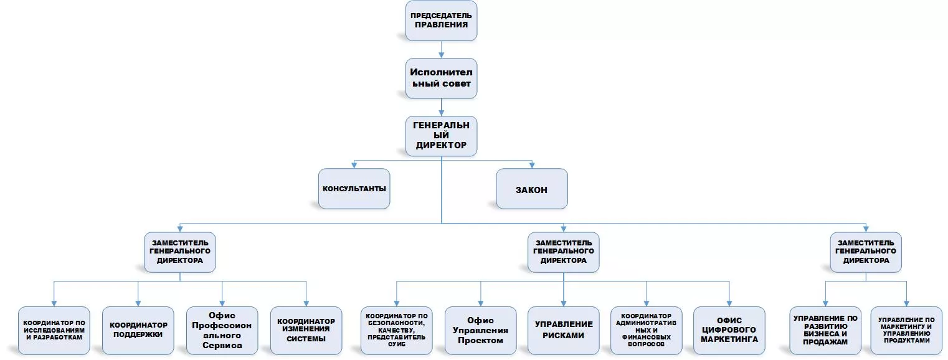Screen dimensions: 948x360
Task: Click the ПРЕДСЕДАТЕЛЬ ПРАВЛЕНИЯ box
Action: tap(441, 21)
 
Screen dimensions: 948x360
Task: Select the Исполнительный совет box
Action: tap(441, 78)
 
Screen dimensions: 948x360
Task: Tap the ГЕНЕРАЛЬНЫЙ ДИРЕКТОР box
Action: tap(441, 136)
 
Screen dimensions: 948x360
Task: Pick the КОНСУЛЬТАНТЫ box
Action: tap(354, 189)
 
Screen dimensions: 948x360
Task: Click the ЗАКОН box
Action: tap(531, 189)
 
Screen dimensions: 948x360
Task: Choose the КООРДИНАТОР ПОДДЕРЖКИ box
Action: tap(138, 330)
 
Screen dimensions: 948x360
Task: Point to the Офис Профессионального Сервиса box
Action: tap(222, 330)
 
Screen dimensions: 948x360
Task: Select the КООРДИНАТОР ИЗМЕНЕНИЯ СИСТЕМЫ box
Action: tap(306, 330)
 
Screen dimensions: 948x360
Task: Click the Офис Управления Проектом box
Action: tap(480, 330)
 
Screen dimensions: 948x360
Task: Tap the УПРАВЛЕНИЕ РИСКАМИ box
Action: tap(563, 330)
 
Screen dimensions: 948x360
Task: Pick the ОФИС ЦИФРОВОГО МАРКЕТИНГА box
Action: tap(729, 330)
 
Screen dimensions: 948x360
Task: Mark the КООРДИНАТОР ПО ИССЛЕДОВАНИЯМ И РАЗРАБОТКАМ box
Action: tap(54, 330)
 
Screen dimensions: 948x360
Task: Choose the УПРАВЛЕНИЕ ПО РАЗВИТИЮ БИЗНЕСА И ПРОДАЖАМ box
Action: tap(825, 330)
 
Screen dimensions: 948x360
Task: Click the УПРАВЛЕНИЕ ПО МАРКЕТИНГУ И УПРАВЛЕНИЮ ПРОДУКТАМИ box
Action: tap(906, 330)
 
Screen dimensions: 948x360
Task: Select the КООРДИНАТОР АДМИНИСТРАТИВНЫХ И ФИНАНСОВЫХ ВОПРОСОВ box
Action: tap(647, 330)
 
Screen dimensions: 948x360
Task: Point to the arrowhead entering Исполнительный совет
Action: tap(441, 55)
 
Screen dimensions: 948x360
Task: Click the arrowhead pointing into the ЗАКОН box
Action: tap(531, 165)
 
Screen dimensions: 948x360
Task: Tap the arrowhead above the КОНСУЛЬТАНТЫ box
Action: tap(354, 165)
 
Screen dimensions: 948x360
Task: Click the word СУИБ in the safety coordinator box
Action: tap(397, 344)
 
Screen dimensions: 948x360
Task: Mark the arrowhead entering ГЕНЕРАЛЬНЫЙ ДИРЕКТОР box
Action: tap(441, 113)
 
